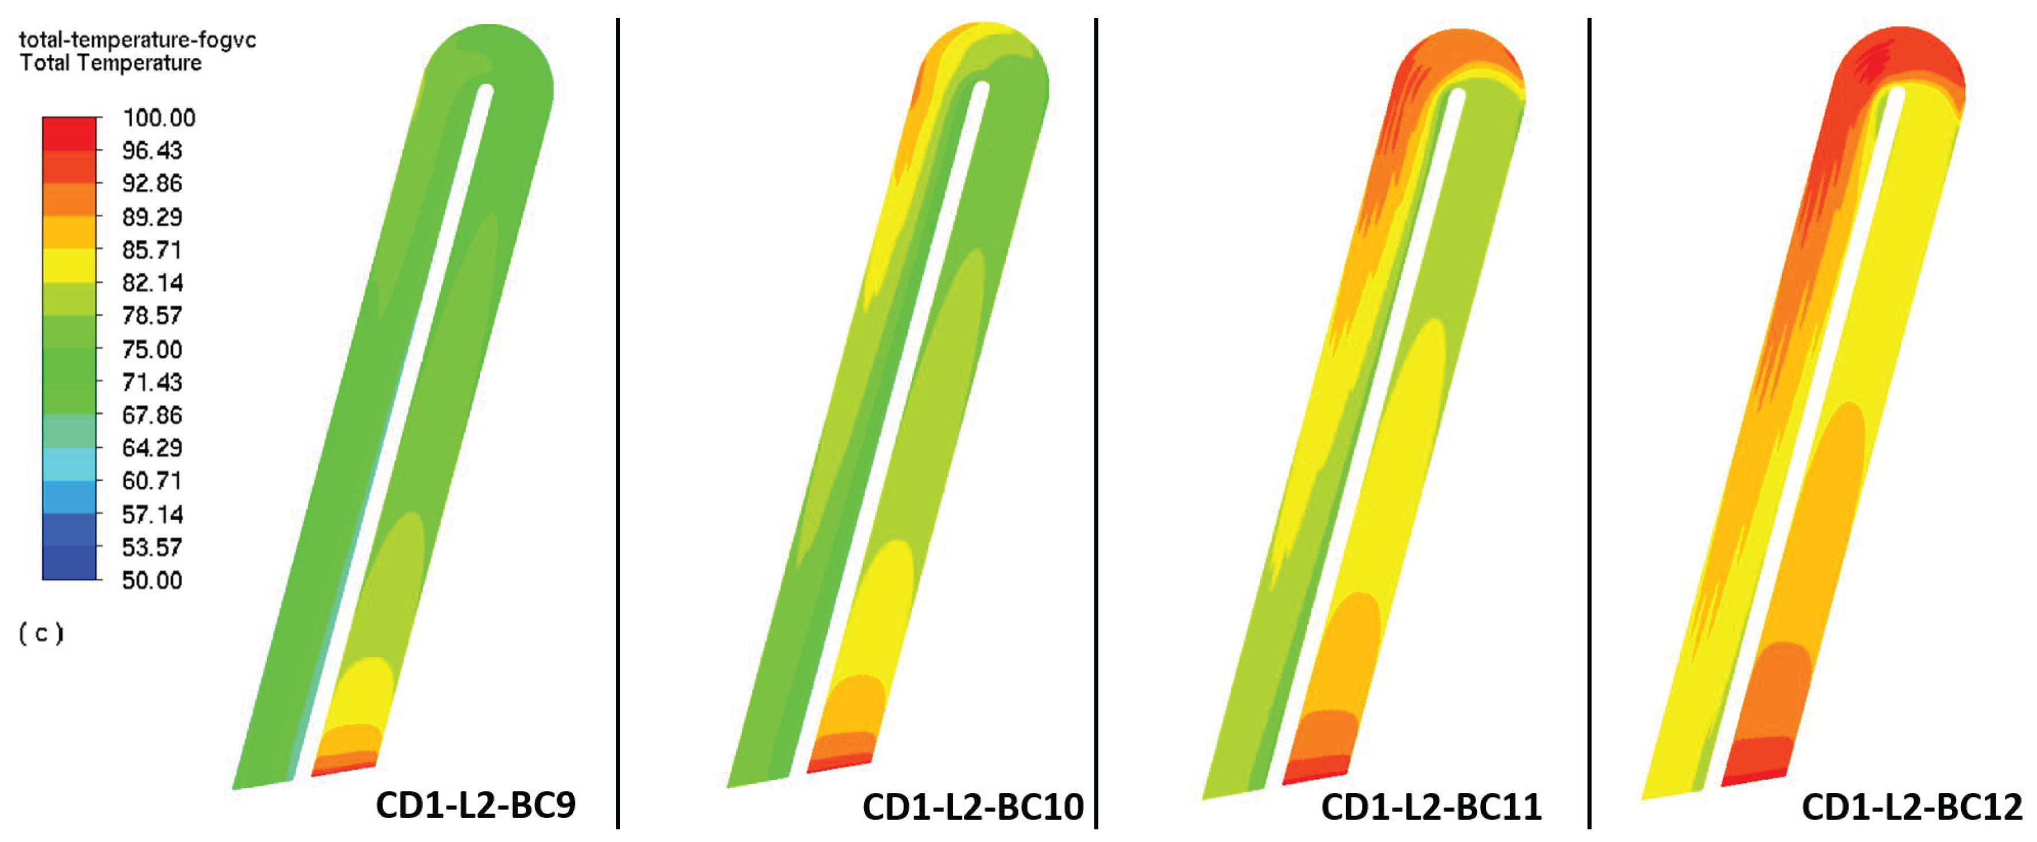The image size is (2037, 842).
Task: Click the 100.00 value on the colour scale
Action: pos(158,118)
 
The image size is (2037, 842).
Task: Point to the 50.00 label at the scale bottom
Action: pos(152,580)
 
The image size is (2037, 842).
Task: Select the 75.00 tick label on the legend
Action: pos(152,349)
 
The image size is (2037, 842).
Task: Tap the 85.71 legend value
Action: pos(152,250)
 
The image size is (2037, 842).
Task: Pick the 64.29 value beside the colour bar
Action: pos(152,448)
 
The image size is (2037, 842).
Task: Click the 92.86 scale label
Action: pos(152,183)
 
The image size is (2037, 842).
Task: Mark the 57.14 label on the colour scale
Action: pos(152,515)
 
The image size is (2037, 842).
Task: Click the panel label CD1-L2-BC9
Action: pos(476,805)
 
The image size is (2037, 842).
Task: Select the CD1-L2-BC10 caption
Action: pos(973,807)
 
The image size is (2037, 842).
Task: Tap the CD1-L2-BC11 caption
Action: pos(1431,807)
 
